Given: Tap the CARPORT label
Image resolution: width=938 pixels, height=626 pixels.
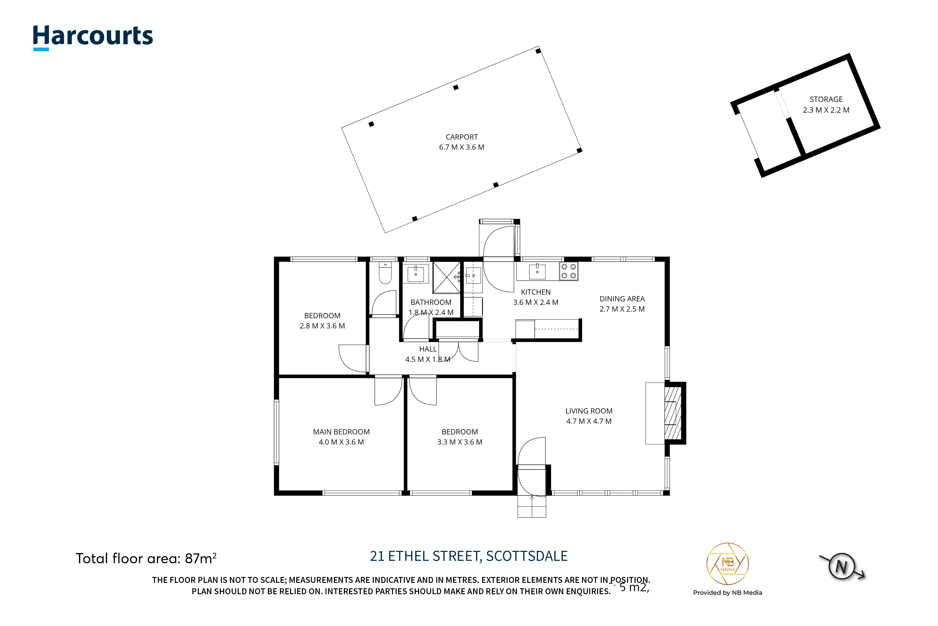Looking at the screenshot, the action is coord(462,137).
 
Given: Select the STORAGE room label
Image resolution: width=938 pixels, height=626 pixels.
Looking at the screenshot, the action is coord(826,99).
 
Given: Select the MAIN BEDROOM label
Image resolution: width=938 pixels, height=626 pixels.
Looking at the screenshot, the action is coord(341,432).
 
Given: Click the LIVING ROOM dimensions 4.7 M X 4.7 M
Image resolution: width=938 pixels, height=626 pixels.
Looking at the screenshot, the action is coord(589,421).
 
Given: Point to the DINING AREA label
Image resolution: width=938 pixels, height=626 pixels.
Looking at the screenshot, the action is coord(622,299).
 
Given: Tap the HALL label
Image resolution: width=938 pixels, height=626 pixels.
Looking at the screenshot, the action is coord(428,349).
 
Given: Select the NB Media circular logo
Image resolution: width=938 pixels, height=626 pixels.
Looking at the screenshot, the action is coord(727,564).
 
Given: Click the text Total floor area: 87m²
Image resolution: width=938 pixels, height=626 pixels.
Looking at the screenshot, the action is coord(146,558).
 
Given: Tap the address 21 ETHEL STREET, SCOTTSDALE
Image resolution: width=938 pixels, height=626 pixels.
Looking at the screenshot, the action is coord(469,556).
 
